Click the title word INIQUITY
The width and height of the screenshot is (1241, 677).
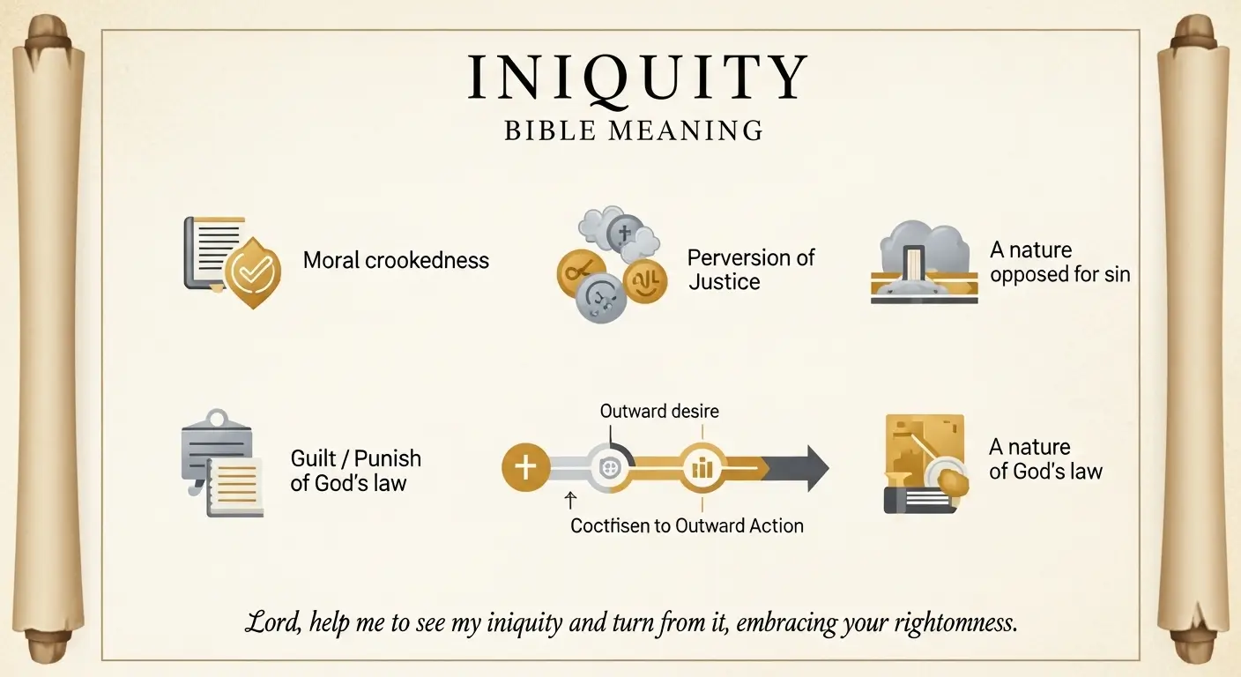pos(636,78)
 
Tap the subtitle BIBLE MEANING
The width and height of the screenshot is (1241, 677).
pos(634,131)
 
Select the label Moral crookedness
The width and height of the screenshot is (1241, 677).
pos(396,260)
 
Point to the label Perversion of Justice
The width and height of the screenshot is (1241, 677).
pos(750,270)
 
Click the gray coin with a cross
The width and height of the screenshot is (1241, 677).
pos(625,234)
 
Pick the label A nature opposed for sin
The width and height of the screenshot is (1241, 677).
pos(1059,263)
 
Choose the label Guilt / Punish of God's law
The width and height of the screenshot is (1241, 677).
pos(355,471)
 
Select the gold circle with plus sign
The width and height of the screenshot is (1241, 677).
pos(525,467)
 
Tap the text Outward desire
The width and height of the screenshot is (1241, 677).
pos(659,411)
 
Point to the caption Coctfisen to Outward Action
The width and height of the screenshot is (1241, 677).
pos(687,526)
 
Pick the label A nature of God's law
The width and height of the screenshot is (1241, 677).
pos(1045,459)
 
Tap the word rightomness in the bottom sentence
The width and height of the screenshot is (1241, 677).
pos(953,623)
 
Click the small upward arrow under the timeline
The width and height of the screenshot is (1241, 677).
pos(569,501)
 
